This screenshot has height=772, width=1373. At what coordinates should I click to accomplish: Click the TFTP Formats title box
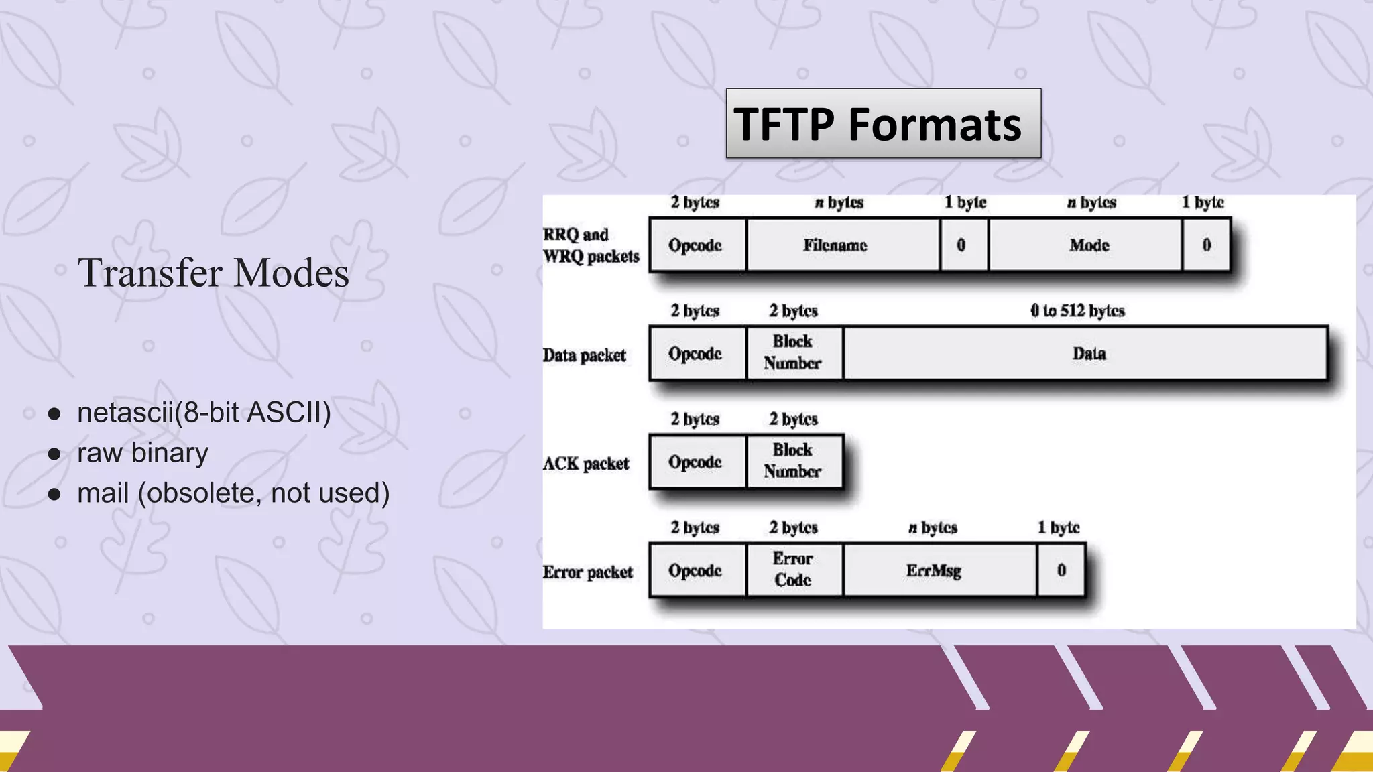[x=883, y=124]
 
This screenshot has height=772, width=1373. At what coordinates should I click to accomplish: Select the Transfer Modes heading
[x=213, y=273]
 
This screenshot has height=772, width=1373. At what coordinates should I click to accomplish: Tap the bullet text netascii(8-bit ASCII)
[x=204, y=413]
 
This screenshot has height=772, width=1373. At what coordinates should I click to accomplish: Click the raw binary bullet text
[x=142, y=453]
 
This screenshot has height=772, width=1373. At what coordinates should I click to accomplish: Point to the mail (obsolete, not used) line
[x=233, y=493]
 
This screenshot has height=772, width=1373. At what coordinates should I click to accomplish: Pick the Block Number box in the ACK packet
[x=794, y=461]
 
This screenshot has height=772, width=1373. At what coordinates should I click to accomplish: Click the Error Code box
[x=794, y=570]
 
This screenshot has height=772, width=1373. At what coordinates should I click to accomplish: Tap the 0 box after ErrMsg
[x=1061, y=570]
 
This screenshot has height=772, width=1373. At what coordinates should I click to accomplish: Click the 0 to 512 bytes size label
[x=1077, y=311]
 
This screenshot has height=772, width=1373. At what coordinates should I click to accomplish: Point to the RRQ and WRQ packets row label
[x=591, y=245]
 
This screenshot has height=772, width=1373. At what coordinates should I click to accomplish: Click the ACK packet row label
[x=586, y=464]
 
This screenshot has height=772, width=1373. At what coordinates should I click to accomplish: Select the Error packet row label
[x=588, y=572]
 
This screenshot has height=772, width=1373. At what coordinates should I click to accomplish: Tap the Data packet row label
[x=585, y=355]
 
